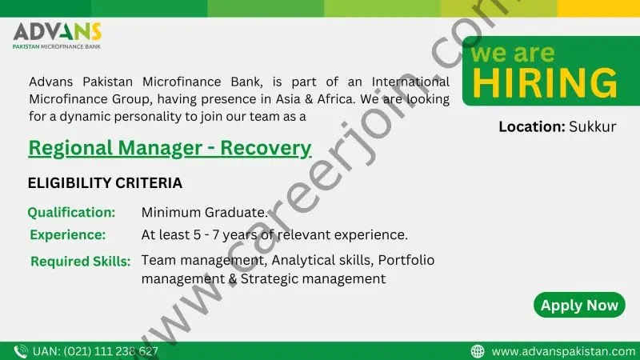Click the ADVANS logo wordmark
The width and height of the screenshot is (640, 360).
pos(57,31)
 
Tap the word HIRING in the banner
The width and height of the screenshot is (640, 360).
pos(545,83)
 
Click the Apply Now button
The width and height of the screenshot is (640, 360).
pos(579,305)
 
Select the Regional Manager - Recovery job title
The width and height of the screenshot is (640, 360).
pos(170,148)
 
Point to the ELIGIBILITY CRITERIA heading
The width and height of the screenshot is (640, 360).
pos(105,183)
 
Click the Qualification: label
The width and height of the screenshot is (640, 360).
pos(71,212)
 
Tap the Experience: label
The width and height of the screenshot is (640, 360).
pos(68,234)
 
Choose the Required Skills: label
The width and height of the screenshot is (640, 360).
pos(81,262)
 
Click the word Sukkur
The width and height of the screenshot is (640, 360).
pos(593,126)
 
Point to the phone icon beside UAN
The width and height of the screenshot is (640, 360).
pos(21,351)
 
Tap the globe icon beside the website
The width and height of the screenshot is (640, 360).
pos(478,351)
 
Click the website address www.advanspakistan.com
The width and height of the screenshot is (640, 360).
pos(563,351)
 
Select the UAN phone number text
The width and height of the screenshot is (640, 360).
pos(95,351)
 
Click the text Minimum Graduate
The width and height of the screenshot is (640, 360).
pos(205,212)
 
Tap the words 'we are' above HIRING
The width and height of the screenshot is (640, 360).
pos(513,54)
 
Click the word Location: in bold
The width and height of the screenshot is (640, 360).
pos(532,126)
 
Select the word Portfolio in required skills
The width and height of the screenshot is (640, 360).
pos(406,260)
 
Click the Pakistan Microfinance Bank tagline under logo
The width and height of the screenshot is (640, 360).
pos(57,46)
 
